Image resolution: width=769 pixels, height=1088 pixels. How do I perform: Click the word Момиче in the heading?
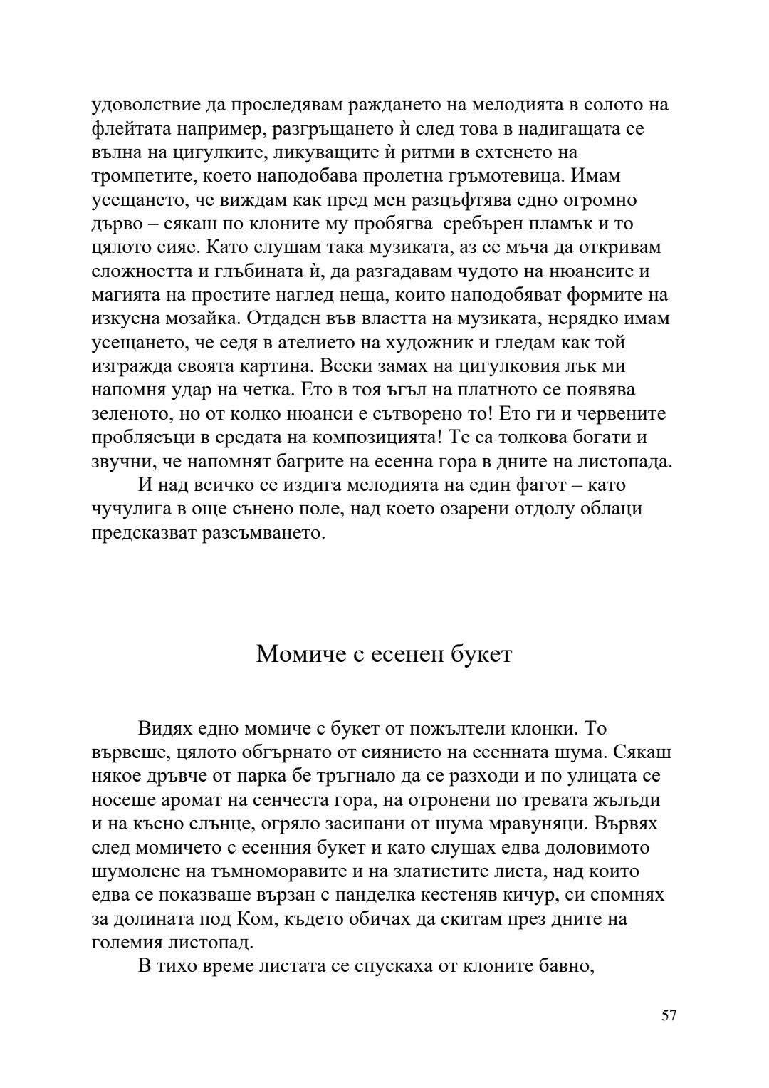291,653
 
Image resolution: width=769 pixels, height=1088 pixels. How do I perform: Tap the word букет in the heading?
481,653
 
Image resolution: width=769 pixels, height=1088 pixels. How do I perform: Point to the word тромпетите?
141,177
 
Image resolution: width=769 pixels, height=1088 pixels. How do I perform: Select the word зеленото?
132,414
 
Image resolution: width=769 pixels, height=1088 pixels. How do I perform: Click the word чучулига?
132,509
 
